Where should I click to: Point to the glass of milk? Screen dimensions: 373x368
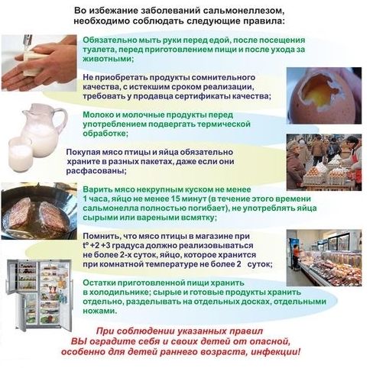tap(21, 154)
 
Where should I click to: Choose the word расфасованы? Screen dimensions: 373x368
tap(96, 171)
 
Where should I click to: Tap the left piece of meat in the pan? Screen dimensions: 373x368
tap(20, 213)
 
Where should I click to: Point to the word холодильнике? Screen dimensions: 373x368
tap(119, 292)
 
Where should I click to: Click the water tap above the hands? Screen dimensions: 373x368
tap(28, 40)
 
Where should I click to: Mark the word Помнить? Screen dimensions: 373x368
tap(101, 237)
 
